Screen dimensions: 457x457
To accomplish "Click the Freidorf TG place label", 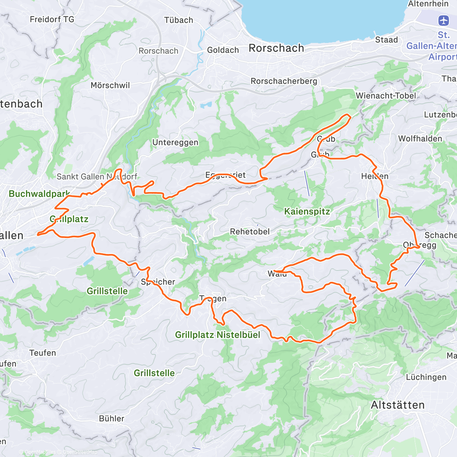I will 52,19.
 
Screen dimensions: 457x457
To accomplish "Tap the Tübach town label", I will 179,20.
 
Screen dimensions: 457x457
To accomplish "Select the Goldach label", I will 223,50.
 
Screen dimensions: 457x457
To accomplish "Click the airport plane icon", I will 444,20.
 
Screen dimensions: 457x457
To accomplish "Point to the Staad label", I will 386,40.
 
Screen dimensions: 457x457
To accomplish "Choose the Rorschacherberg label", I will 284,81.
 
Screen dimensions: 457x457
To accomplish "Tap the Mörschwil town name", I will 110,85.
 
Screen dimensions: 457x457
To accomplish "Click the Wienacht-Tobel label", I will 386,96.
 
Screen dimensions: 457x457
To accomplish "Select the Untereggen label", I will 175,142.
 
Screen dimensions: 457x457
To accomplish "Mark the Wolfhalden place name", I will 420,139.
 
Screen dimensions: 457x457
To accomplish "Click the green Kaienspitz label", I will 307,211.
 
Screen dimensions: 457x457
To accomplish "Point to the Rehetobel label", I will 249,232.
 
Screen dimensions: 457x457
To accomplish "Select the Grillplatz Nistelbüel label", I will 217,335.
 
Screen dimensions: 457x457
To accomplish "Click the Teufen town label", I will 42,353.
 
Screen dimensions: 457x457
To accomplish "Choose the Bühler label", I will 112,419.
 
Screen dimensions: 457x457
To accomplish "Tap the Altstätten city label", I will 398,405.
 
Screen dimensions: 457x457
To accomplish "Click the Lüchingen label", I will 426,377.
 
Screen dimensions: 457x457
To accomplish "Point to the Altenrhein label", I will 428,4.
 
